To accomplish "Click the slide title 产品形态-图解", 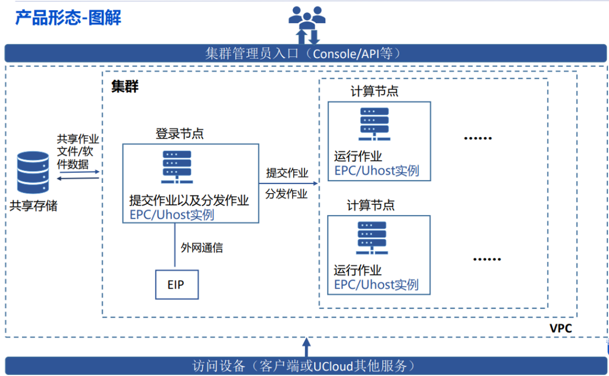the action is pos(68,17).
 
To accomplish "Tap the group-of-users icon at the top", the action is pos(307,17).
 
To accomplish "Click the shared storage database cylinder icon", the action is pos(33,172).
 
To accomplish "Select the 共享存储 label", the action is pos(33,206).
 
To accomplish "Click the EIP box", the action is pos(177,284).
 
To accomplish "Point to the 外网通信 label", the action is pos(202,247).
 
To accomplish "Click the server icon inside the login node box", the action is pos(177,167).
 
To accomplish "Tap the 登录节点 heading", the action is pos(180,133).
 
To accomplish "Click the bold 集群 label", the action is pos(125,86).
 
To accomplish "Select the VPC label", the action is pos(560,328).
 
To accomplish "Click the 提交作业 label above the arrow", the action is pos(287,172).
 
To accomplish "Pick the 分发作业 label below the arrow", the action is pos(286,194).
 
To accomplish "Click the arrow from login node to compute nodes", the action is pos(288,183).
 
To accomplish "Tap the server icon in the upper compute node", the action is pos(375,124).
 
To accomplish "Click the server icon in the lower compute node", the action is pos(372,238).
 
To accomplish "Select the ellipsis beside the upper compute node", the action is pos(478,138).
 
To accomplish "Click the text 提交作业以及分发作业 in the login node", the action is pos(189,200).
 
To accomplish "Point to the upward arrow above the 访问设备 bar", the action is pos(306,347).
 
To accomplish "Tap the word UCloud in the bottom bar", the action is pos(333,366).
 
